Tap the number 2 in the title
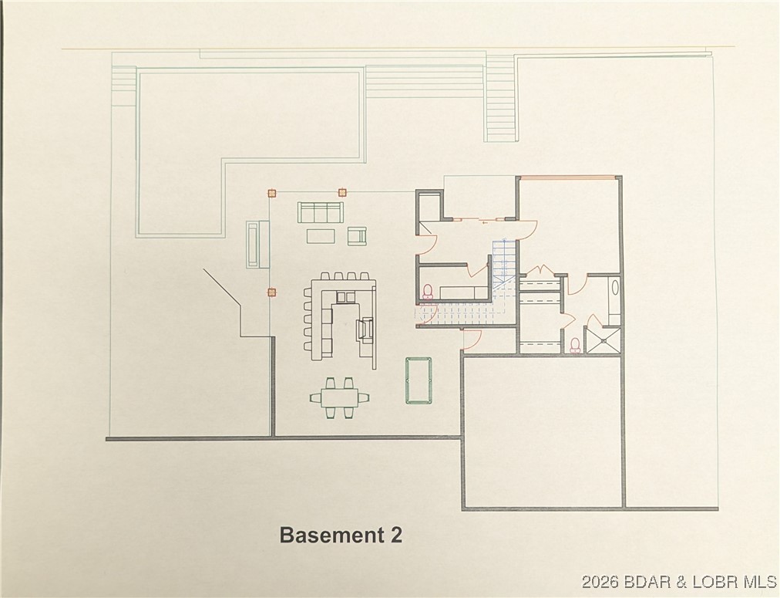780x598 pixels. coord(395,535)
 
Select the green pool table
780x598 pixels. coord(417,380)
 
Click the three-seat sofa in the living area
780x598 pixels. coord(320,212)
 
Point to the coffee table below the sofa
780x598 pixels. coord(321,235)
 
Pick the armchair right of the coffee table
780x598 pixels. coord(356,236)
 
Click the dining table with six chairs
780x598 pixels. coord(340,397)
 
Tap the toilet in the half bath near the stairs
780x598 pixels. coord(428,292)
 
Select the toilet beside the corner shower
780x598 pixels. coord(575,344)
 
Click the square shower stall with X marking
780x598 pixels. coord(602,340)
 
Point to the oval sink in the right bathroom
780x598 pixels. coord(614,292)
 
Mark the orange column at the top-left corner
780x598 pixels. coord(271,193)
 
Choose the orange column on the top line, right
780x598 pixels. coord(343,193)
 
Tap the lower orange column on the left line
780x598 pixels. coord(271,292)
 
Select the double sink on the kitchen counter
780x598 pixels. coord(345,297)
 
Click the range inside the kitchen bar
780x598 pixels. coord(365,329)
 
